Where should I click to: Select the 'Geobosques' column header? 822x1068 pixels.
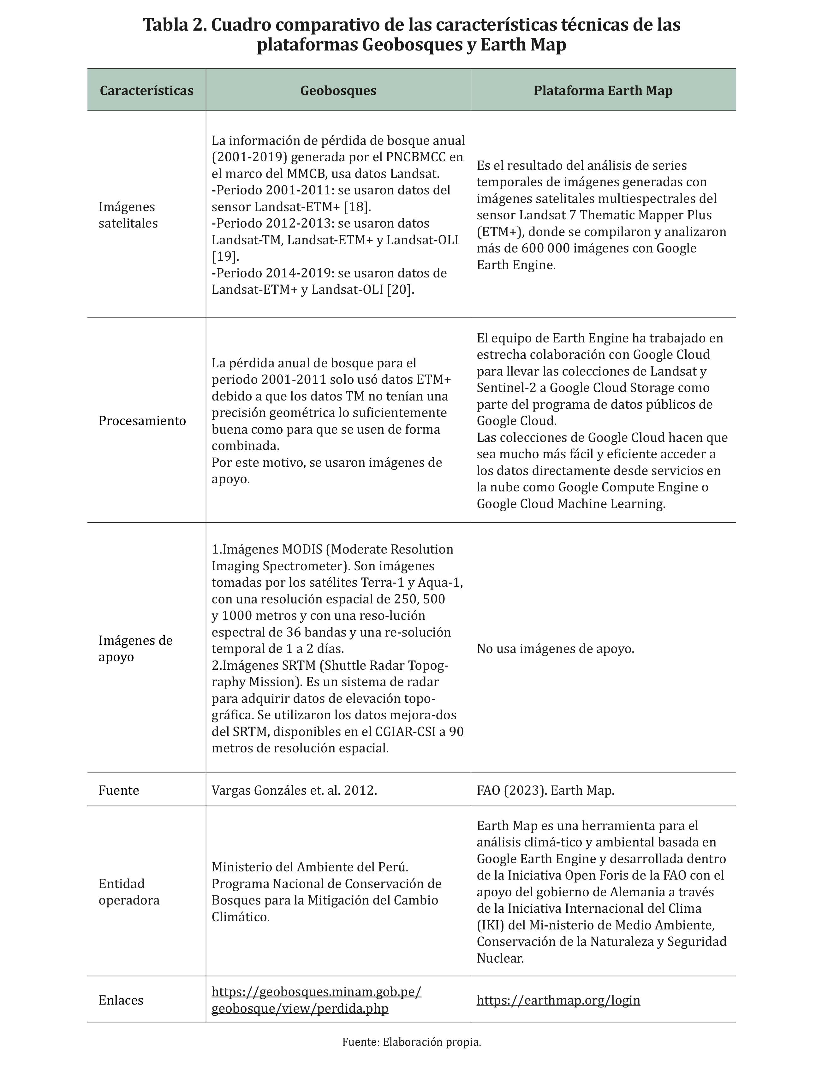(x=338, y=91)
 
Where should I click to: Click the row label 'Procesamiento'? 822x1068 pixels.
(x=142, y=421)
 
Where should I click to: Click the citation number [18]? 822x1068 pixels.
(x=357, y=206)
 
